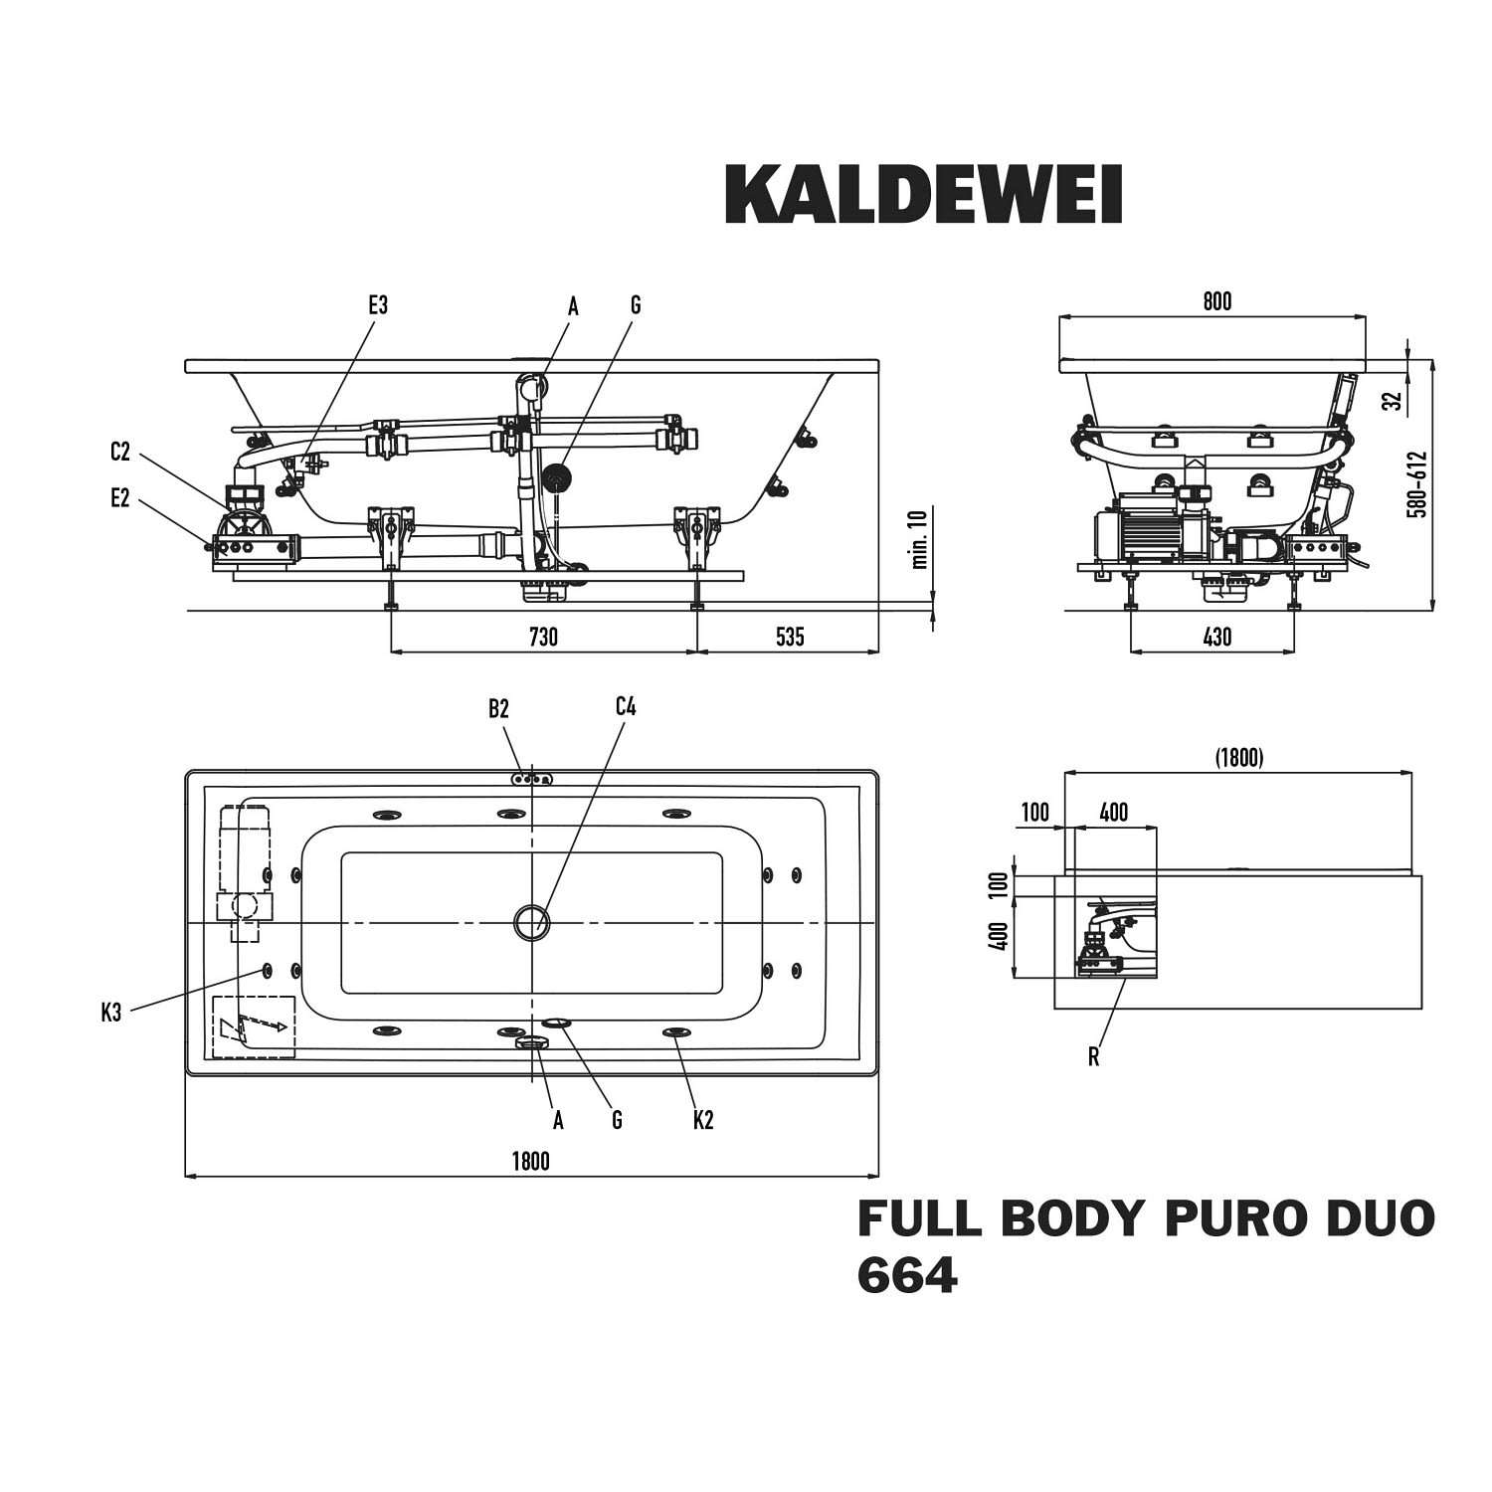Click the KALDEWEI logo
(924, 195)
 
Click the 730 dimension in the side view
(543, 637)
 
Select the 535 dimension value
(789, 637)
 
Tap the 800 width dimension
(1216, 301)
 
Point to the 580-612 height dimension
(1418, 484)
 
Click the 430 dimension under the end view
(1216, 637)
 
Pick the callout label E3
(378, 305)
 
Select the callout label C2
(120, 452)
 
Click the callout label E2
(120, 498)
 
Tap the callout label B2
(498, 708)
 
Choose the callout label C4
(625, 707)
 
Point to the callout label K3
(111, 1014)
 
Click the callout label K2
(703, 1120)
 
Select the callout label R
(1094, 1057)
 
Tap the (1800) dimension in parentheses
(1238, 758)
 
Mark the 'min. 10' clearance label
(919, 538)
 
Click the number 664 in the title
(907, 1275)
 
